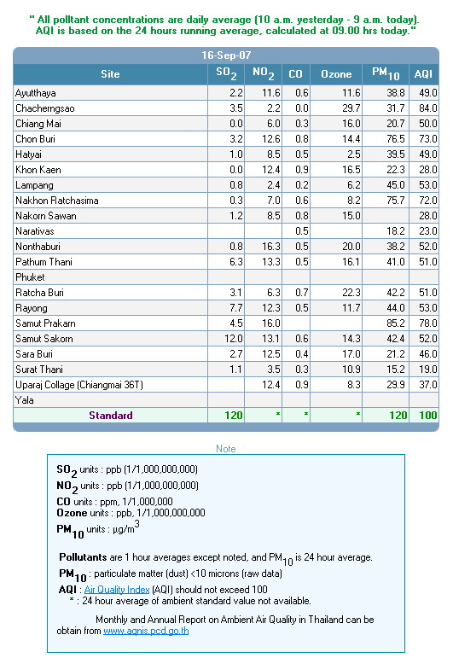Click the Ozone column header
[336, 74]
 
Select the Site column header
[110, 74]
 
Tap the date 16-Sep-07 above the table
[226, 55]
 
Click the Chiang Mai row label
[38, 124]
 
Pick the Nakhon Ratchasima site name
[57, 201]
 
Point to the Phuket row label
[30, 277]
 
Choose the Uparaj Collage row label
[79, 385]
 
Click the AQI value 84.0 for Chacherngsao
[428, 108]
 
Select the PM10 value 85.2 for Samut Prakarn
[396, 323]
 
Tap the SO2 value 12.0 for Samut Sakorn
[234, 339]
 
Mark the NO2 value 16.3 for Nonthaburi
[271, 247]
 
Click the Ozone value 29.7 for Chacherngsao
[351, 108]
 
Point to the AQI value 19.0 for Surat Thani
[428, 370]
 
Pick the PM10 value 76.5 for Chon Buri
[396, 139]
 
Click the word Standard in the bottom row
[111, 416]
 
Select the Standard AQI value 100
[428, 416]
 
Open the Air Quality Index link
[117, 590]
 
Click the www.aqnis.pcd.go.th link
[146, 631]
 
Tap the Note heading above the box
[226, 449]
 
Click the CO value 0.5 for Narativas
[302, 231]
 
